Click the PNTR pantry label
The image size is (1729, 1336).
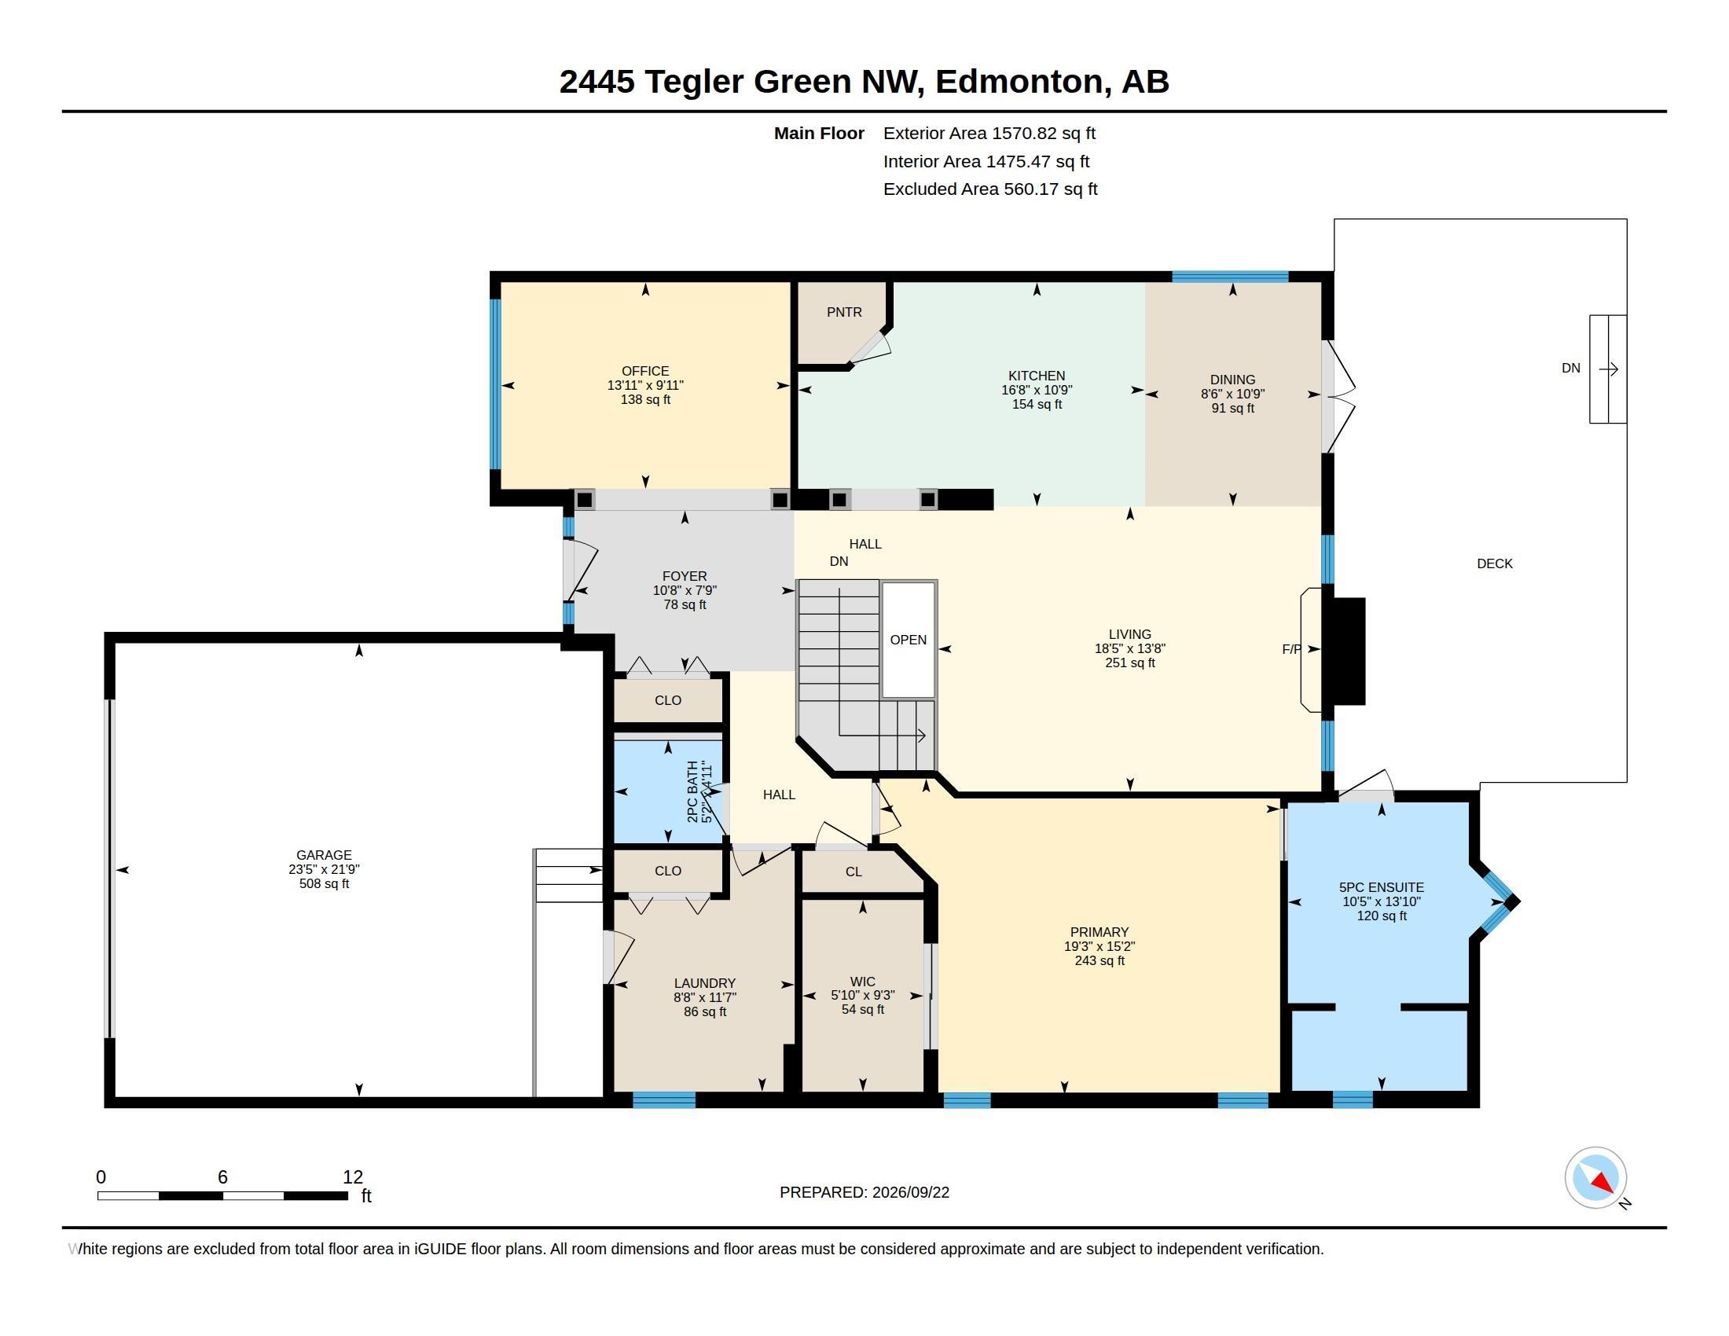coord(844,313)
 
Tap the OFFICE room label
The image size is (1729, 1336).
coord(645,371)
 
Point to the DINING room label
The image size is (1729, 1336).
coord(1232,380)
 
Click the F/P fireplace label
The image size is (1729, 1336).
coord(1291,649)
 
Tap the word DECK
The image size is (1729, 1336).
coord(1495,563)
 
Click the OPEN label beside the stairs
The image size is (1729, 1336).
coord(908,640)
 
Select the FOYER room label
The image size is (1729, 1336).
coord(685,576)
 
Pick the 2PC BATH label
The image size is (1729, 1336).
coord(692,791)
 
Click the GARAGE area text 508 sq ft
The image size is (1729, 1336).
coord(324,883)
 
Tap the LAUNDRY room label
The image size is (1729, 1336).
coord(705,984)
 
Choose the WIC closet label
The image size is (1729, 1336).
coord(863,982)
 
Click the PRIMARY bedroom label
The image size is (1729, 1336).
coord(1099,932)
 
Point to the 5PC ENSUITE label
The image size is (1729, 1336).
coord(1382,888)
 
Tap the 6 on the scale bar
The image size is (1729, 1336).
coord(222,1177)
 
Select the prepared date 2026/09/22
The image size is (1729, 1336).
coord(910,1192)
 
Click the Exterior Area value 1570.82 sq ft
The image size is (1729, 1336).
coord(1044,133)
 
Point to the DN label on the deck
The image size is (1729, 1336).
coord(1571,368)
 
